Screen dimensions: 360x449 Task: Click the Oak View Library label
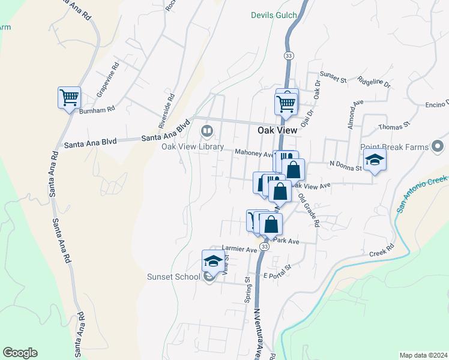(192, 147)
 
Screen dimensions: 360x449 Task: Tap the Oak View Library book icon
(206, 130)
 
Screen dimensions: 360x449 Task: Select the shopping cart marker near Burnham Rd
(69, 97)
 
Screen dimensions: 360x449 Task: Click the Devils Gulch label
(273, 14)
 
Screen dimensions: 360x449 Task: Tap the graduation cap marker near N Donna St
(375, 160)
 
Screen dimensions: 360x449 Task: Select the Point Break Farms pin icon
(438, 146)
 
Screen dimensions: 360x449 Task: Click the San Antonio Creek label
(422, 194)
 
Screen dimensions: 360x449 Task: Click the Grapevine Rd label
(108, 80)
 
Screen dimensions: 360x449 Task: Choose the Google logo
(20, 353)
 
